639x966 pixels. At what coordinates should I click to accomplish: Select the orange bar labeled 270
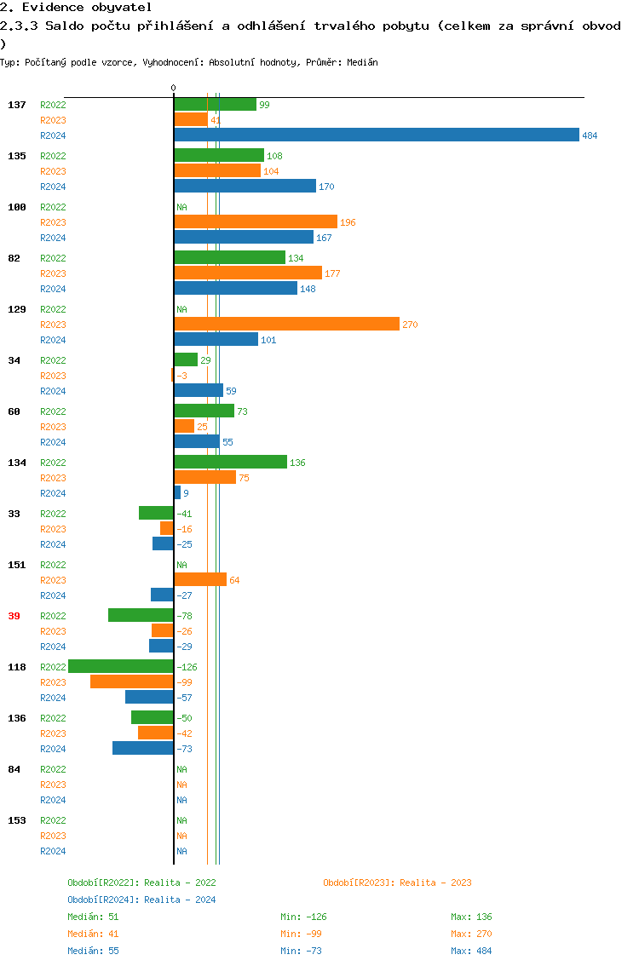(x=286, y=324)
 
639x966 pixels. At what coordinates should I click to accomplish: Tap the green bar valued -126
(x=121, y=666)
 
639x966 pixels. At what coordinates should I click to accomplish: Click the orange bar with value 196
(x=256, y=221)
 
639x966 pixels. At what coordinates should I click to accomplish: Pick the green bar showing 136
(x=230, y=462)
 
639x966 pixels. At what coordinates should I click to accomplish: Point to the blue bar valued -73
(x=143, y=748)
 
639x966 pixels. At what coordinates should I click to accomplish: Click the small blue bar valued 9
(x=177, y=492)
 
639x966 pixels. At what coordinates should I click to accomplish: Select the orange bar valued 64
(x=200, y=579)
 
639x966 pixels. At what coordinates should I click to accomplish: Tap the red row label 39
(x=14, y=616)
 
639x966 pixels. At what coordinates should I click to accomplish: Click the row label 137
(x=16, y=105)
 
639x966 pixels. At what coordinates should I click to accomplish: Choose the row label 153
(x=16, y=820)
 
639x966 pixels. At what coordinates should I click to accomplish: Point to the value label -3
(x=181, y=376)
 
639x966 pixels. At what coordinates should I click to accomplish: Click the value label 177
(x=332, y=273)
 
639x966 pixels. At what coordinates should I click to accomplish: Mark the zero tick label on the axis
(x=173, y=88)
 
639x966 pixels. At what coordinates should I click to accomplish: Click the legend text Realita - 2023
(x=435, y=883)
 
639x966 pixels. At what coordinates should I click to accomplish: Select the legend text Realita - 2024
(x=180, y=900)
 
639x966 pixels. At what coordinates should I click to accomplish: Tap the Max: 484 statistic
(x=471, y=951)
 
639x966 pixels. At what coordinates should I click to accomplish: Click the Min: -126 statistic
(x=303, y=917)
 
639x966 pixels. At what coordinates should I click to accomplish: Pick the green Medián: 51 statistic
(x=93, y=917)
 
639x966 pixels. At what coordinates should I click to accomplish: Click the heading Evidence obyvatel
(x=76, y=7)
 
